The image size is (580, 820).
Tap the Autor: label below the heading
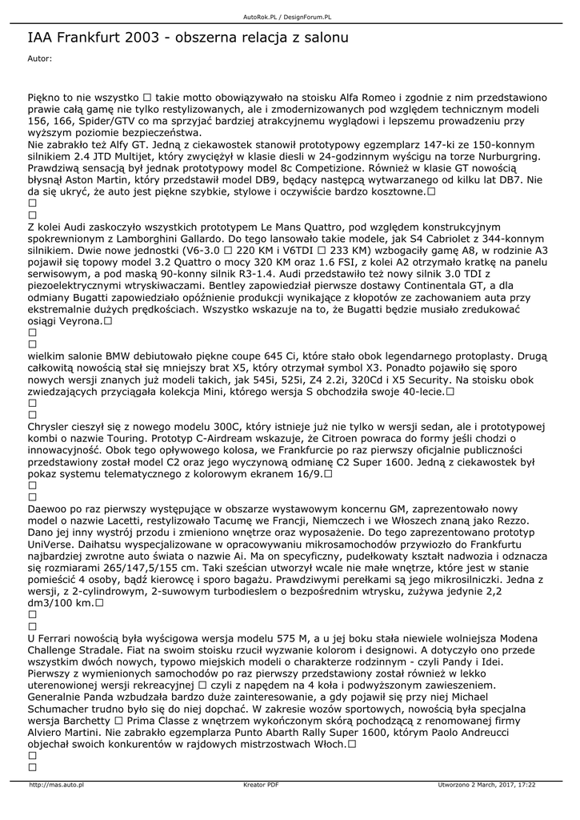(x=39, y=58)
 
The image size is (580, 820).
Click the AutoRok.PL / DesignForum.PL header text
(x=287, y=16)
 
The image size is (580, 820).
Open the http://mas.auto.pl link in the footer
(x=57, y=785)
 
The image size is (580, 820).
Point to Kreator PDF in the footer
(x=261, y=785)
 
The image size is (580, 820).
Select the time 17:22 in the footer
(x=526, y=785)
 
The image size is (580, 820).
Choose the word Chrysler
(x=51, y=427)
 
